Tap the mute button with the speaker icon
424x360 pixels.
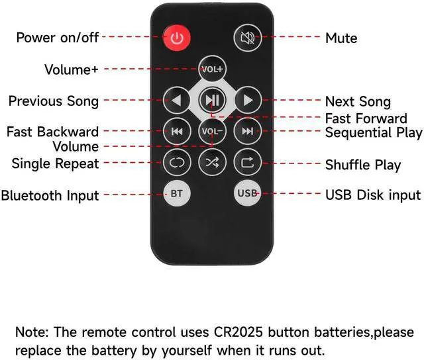tap(247, 37)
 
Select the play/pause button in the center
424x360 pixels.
tap(212, 101)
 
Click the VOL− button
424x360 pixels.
tap(212, 131)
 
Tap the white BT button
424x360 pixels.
tap(177, 194)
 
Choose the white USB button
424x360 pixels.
tap(247, 194)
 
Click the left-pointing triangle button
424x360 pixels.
tap(177, 101)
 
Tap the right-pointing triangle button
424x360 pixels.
tap(248, 101)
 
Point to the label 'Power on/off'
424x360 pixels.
tap(57, 37)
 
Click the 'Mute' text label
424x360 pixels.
tap(341, 38)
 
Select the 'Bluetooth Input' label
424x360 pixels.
tap(50, 195)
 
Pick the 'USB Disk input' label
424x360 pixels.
tap(373, 195)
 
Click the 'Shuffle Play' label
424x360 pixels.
tap(363, 164)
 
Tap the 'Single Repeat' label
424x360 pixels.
tap(55, 163)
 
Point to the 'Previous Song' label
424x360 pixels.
tap(54, 101)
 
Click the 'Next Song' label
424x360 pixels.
tap(358, 102)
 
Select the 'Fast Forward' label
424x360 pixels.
tap(366, 118)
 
